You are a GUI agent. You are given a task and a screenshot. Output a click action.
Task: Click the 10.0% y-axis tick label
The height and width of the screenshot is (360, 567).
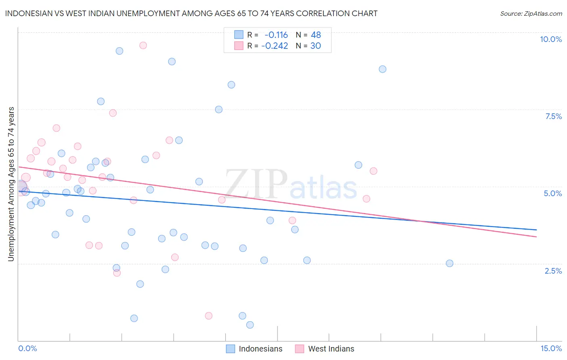(x=550, y=39)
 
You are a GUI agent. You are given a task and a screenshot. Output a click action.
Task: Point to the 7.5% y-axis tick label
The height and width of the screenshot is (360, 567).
(x=553, y=116)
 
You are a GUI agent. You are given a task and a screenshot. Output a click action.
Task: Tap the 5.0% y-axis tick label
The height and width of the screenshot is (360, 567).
(x=552, y=193)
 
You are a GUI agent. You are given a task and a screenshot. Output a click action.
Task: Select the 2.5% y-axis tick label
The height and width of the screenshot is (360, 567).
(x=553, y=271)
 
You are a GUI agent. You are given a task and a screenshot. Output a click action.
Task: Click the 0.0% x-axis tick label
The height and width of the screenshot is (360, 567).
(x=27, y=348)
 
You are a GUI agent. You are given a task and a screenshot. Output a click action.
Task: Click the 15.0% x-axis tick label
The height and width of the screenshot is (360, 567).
(x=550, y=348)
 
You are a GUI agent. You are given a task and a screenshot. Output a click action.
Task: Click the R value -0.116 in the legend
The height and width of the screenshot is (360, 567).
(x=276, y=35)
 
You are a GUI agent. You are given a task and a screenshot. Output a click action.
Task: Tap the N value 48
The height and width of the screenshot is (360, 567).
(x=316, y=35)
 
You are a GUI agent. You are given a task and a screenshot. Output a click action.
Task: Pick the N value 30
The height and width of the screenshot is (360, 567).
(x=315, y=46)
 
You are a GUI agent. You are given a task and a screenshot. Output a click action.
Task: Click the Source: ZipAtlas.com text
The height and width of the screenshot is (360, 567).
(x=531, y=14)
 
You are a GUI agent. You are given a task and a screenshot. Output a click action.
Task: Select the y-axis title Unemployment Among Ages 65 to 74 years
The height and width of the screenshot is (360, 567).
(x=11, y=184)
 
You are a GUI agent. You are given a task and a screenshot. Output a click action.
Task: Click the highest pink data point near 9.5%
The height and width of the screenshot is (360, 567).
(x=143, y=45)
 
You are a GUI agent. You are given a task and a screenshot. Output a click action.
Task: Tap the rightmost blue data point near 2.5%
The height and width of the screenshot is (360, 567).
(x=449, y=263)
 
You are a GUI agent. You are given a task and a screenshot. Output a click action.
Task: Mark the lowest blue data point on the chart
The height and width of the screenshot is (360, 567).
(x=250, y=325)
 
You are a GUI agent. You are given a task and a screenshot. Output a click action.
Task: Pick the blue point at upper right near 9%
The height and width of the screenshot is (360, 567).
(x=382, y=69)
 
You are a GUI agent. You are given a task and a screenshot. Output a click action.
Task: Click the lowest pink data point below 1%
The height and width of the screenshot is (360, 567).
(x=208, y=316)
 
